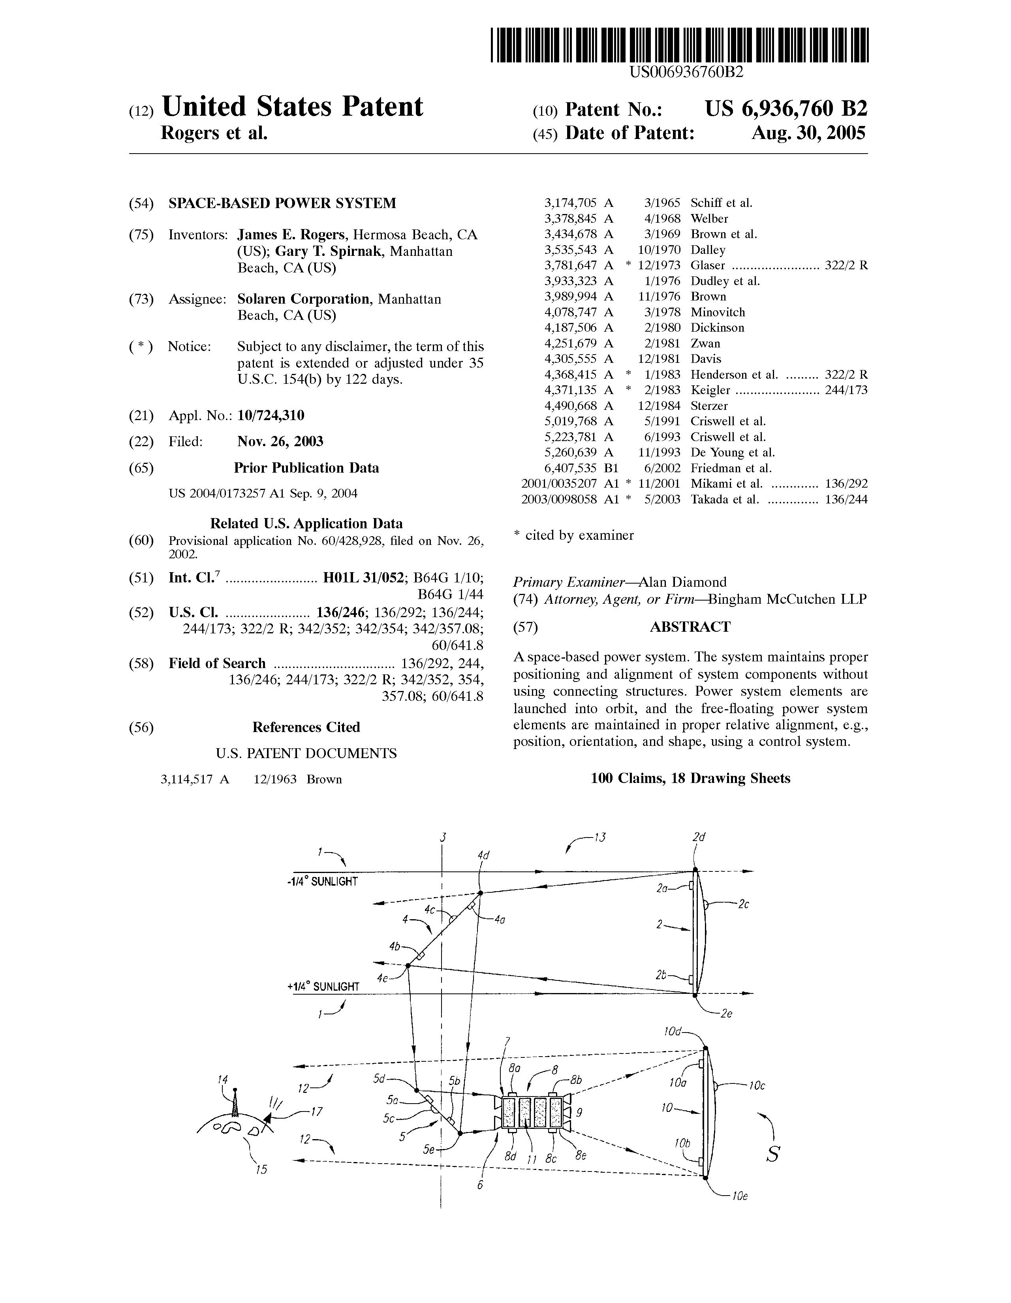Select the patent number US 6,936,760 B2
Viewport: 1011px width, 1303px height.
(786, 109)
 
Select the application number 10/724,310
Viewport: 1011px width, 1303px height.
(271, 416)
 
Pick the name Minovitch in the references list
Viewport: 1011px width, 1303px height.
(717, 312)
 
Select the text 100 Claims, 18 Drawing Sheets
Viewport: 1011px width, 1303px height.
(690, 779)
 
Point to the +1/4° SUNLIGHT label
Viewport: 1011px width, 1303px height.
(323, 987)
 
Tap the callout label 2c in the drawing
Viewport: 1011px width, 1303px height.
(743, 905)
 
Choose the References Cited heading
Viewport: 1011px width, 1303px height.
(306, 727)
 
